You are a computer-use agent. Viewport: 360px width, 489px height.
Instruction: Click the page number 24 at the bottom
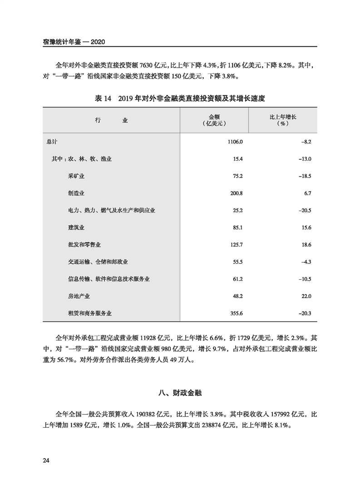pos(45,461)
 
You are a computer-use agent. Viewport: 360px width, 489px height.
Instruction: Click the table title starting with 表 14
pos(180,98)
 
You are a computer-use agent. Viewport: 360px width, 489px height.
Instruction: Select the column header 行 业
pos(112,120)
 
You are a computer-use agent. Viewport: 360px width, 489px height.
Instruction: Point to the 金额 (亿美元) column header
pos(214,120)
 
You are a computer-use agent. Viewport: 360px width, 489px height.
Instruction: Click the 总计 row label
pos(52,142)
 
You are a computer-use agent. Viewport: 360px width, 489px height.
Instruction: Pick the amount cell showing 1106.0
pos(235,142)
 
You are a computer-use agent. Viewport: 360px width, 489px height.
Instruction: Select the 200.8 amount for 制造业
pos(237,193)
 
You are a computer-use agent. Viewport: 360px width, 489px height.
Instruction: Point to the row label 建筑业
pos(76,227)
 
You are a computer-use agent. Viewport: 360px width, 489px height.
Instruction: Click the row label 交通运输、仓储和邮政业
pos(98,262)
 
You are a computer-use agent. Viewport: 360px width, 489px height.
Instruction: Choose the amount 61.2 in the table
pos(238,279)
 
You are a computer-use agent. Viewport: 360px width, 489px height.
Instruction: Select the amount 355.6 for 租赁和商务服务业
pos(237,313)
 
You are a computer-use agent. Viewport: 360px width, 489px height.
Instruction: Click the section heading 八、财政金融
pos(180,394)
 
